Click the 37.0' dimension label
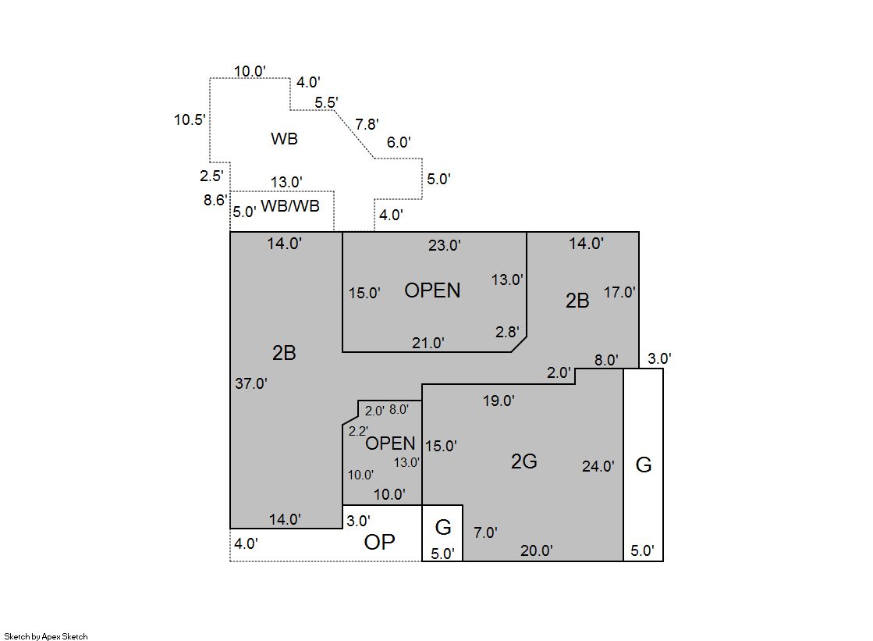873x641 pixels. click(251, 383)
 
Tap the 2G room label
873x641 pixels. click(523, 461)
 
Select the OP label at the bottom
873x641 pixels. click(379, 543)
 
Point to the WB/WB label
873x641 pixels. click(289, 207)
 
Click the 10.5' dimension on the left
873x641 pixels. click(190, 119)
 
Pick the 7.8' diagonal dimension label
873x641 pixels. click(367, 124)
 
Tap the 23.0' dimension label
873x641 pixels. click(445, 245)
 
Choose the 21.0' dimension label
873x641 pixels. click(428, 343)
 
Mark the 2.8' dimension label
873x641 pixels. click(507, 332)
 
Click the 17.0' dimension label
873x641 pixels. click(620, 293)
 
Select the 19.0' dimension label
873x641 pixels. click(499, 401)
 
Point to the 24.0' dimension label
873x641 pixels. click(598, 467)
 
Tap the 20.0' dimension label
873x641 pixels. click(537, 550)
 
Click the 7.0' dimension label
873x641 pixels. click(485, 533)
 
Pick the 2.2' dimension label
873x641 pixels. click(358, 431)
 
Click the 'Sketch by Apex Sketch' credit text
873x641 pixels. click(46, 636)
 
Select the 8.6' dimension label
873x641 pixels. click(214, 200)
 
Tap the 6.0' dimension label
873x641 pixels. click(399, 142)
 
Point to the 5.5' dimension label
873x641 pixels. click(326, 102)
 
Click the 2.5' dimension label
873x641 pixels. click(211, 176)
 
